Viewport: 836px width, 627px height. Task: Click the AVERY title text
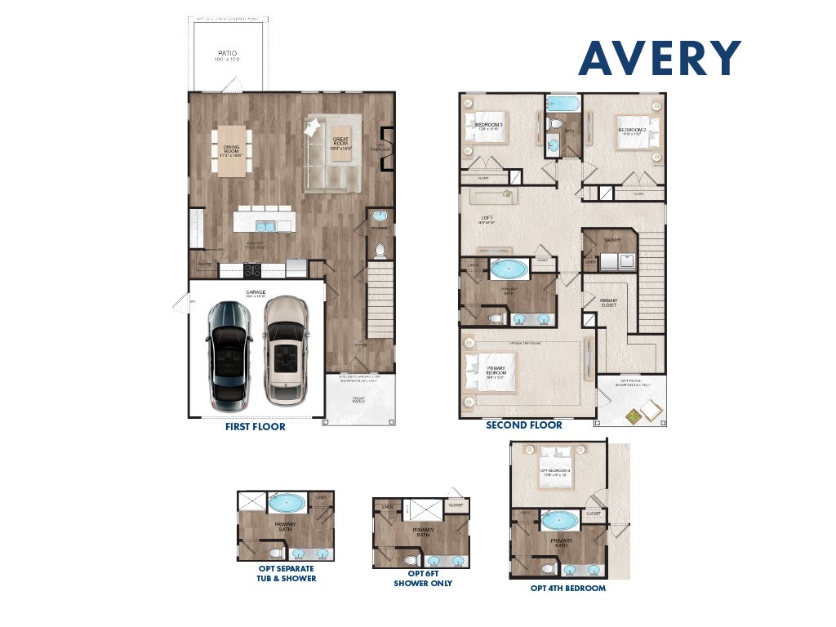coord(660,58)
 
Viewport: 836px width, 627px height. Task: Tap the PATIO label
coord(227,54)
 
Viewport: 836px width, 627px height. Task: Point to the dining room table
coord(232,150)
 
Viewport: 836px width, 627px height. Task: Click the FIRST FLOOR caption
coord(256,426)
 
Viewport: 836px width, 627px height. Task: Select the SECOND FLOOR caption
coord(524,425)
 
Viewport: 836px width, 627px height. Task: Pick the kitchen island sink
coord(266,226)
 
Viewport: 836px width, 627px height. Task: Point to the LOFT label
coord(487,218)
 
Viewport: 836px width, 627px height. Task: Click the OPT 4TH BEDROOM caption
coord(567,588)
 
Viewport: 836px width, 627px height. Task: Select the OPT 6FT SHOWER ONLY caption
coord(423,578)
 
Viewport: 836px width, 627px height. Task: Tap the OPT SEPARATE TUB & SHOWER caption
coord(286,573)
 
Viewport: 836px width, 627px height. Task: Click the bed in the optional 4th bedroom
coord(556,470)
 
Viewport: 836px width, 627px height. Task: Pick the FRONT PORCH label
coord(359,400)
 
